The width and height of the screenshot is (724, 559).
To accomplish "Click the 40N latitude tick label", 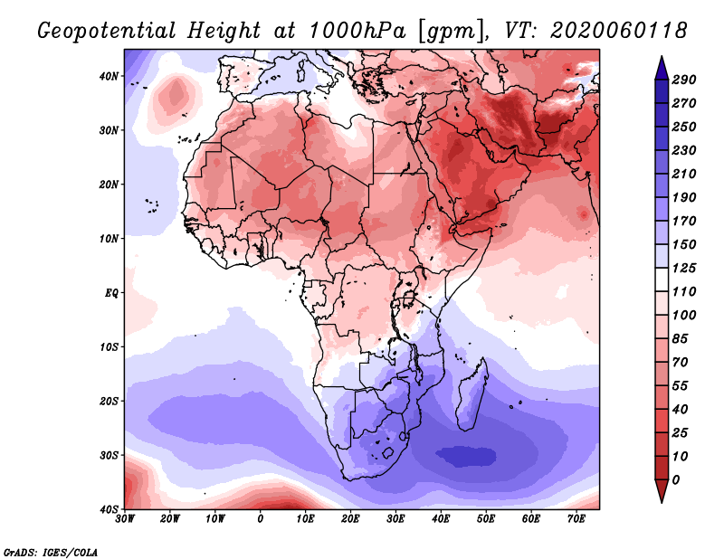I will click(109, 76).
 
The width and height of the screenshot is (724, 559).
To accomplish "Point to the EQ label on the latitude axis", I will click(110, 292).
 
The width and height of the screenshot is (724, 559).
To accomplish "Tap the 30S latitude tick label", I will click(109, 455).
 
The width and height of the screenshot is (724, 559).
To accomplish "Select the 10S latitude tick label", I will click(109, 346).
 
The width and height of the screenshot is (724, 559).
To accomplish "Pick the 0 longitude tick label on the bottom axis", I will click(261, 519).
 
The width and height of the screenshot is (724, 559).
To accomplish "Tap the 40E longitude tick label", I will click(441, 519).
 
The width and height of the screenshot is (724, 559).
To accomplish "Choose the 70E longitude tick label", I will click(576, 519).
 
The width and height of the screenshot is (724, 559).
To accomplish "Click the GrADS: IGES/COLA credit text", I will click(51, 551).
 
